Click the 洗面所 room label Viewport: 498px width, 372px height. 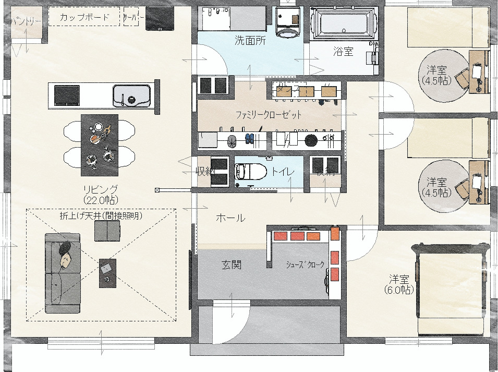click(250, 40)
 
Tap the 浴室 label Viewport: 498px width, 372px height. click(343, 51)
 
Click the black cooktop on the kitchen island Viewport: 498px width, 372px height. click(67, 95)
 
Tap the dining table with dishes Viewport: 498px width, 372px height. click(99, 145)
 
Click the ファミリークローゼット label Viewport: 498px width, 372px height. click(269, 114)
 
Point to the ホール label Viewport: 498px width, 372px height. click(230, 218)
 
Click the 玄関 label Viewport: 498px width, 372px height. click(231, 265)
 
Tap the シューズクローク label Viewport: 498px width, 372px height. click(305, 265)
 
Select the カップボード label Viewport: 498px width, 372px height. click(84, 17)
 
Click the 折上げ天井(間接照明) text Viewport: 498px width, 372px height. click(101, 214)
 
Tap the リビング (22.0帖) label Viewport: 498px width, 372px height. click(100, 194)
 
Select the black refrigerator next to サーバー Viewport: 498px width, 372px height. click(160, 18)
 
